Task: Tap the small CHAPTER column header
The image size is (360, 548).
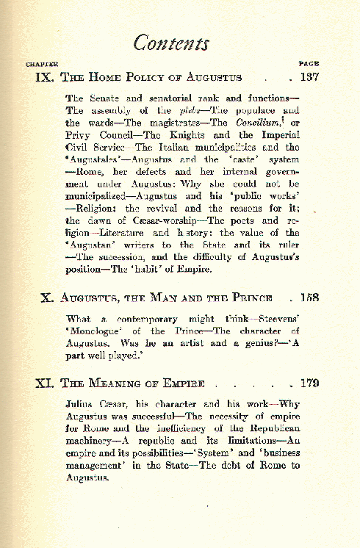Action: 42,64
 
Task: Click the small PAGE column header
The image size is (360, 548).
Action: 309,64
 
